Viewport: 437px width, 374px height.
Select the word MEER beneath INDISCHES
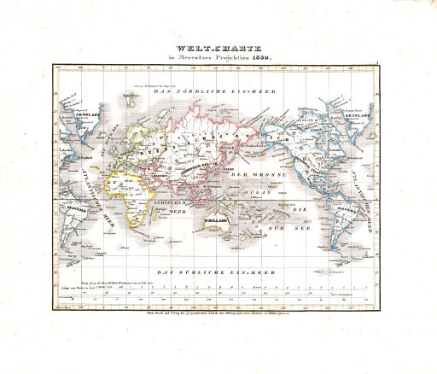177,211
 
